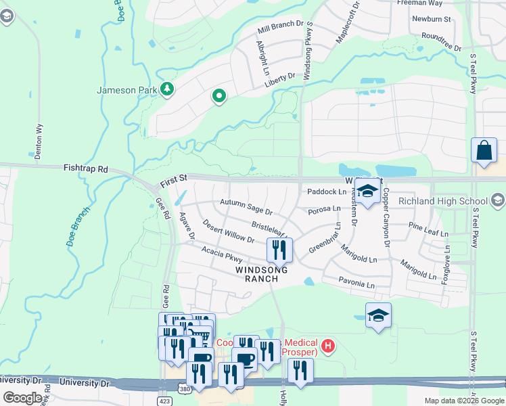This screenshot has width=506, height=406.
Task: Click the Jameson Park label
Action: pos(127,90)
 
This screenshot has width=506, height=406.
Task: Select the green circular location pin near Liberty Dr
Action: pos(218,97)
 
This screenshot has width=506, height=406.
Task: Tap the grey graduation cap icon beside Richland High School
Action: pos(498,200)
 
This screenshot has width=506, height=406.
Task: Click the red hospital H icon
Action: pos(328,346)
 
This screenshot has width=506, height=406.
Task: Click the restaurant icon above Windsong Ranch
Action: pos(279,250)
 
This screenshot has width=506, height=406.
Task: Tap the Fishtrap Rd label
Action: pos(85,168)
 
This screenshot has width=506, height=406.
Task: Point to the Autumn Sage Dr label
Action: pos(246,204)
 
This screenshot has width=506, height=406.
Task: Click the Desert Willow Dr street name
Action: pos(228,233)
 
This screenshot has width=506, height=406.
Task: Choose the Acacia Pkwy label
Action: pos(221,254)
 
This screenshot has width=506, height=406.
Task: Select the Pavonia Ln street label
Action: pos(357,285)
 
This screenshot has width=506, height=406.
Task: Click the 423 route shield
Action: pos(166,401)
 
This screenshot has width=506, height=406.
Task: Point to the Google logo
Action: pos(22,398)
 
